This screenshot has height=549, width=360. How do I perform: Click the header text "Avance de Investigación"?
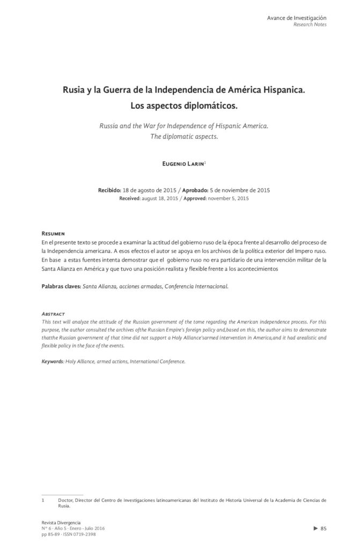297,18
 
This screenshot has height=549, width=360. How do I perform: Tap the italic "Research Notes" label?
310,25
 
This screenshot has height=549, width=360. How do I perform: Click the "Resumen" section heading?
53,234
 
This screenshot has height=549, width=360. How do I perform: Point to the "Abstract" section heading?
53,313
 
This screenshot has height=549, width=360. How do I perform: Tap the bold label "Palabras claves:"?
61,286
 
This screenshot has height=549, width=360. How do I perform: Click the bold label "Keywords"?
53,361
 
